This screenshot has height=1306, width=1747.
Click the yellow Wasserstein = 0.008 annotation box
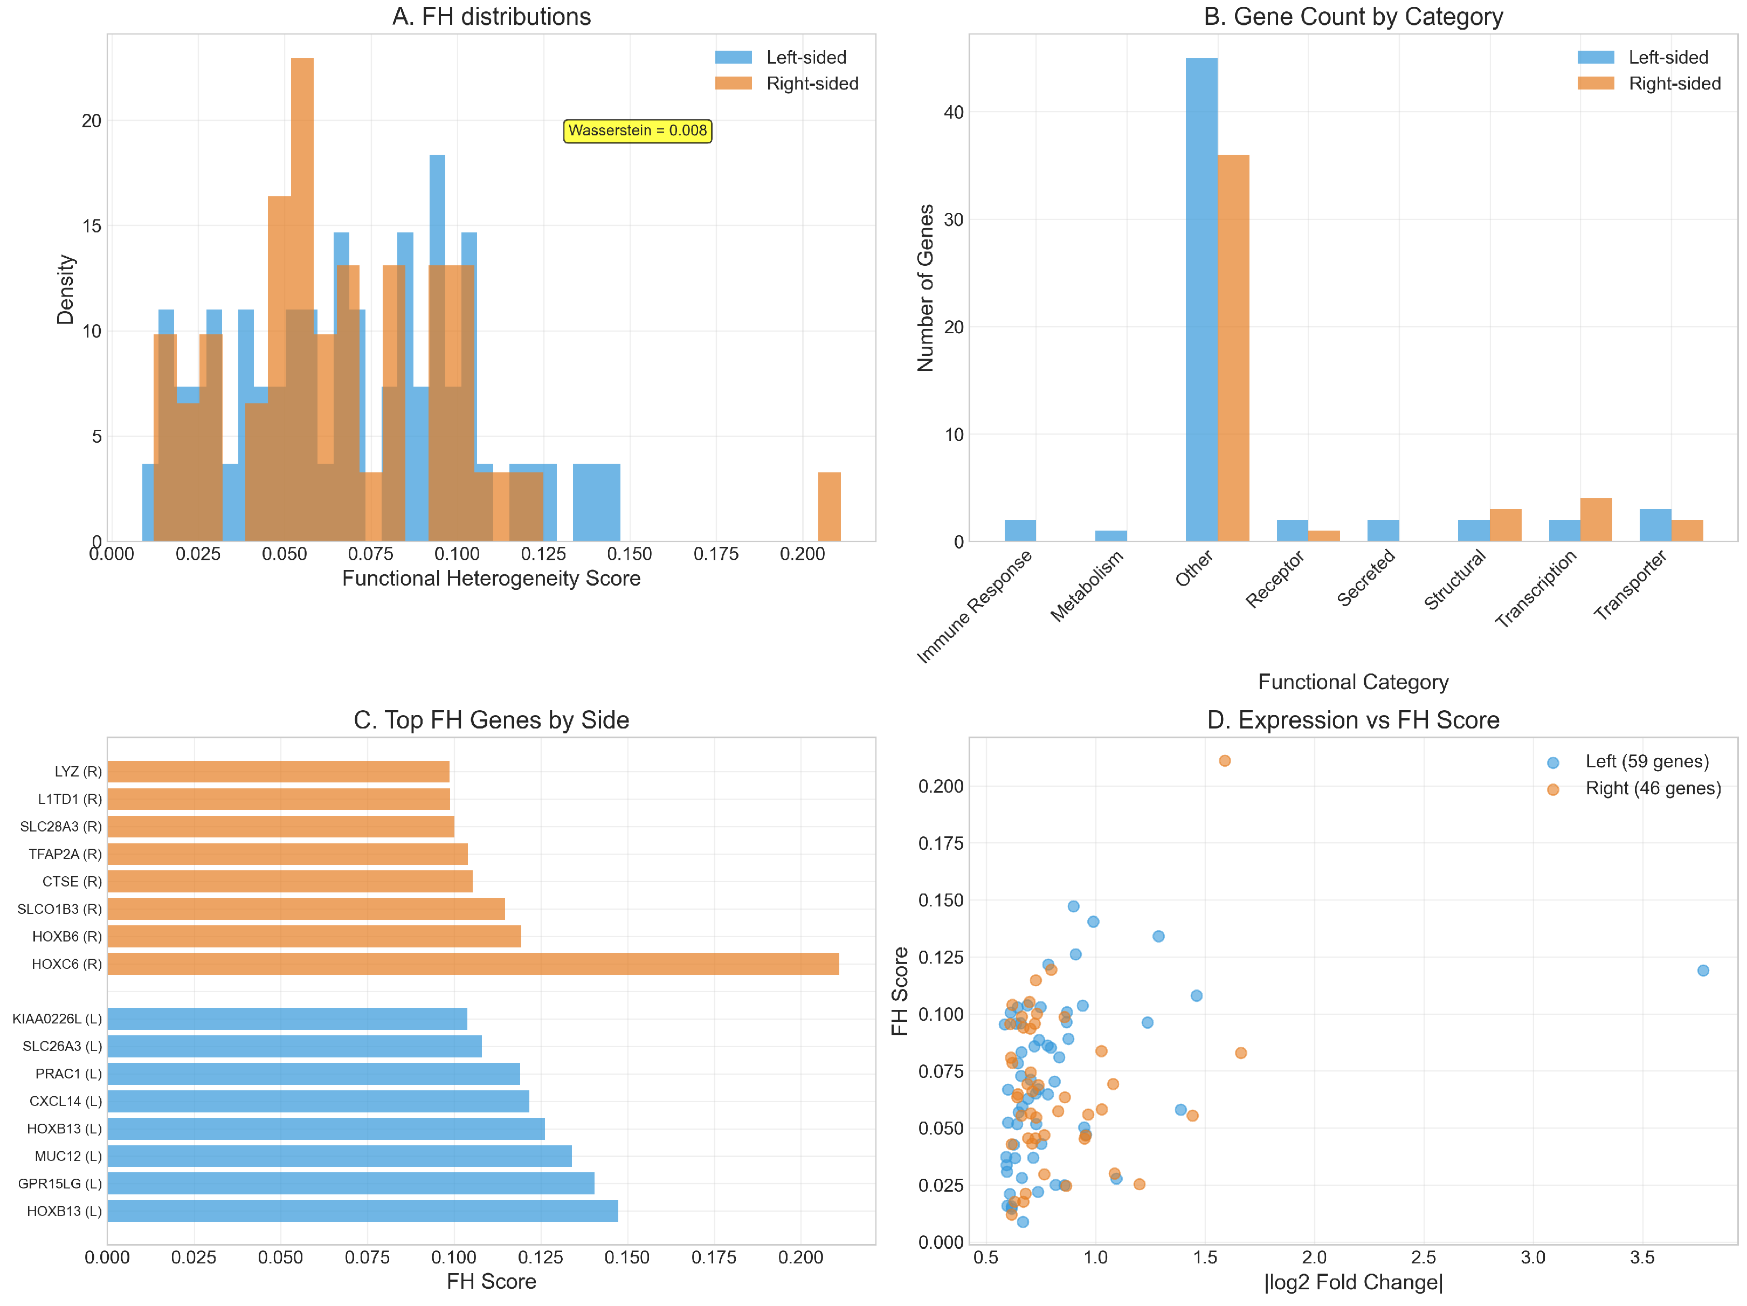[x=637, y=131]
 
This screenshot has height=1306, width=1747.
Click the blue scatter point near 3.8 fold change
[x=1703, y=970]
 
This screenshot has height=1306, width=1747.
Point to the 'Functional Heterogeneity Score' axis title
[x=491, y=579]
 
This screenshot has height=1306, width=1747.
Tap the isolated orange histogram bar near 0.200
[x=828, y=506]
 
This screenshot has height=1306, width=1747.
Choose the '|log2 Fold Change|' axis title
[x=1353, y=1282]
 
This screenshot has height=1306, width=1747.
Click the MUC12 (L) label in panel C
[x=68, y=1157]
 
